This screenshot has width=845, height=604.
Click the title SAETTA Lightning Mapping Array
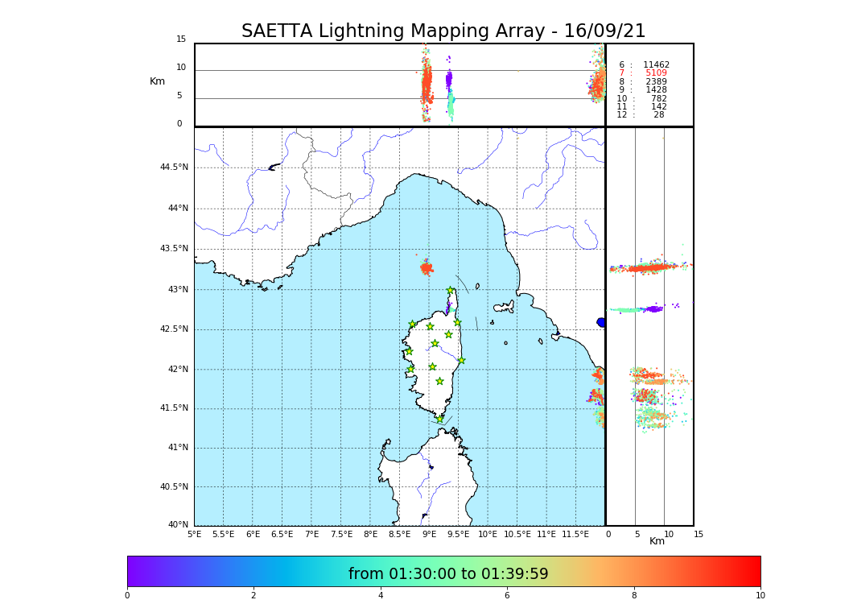click(x=443, y=31)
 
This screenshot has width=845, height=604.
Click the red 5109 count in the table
click(x=656, y=73)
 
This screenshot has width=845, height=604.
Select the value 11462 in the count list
click(x=656, y=65)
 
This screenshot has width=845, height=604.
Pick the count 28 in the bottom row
click(x=659, y=115)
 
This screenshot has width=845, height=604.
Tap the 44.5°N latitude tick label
click(x=174, y=168)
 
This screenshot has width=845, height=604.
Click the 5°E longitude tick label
click(x=195, y=534)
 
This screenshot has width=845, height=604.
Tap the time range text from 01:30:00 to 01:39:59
click(x=448, y=574)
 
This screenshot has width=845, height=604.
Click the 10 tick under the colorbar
click(x=760, y=596)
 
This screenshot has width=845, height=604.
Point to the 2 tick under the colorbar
click(x=253, y=596)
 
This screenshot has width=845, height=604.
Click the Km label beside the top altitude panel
click(x=157, y=81)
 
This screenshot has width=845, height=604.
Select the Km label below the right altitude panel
click(x=657, y=541)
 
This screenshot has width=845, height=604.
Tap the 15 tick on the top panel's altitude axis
click(x=181, y=39)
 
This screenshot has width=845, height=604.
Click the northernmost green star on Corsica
click(x=451, y=291)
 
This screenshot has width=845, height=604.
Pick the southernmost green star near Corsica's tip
click(x=439, y=419)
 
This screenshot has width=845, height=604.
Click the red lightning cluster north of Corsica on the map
click(x=427, y=268)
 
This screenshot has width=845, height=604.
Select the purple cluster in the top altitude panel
click(x=449, y=79)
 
